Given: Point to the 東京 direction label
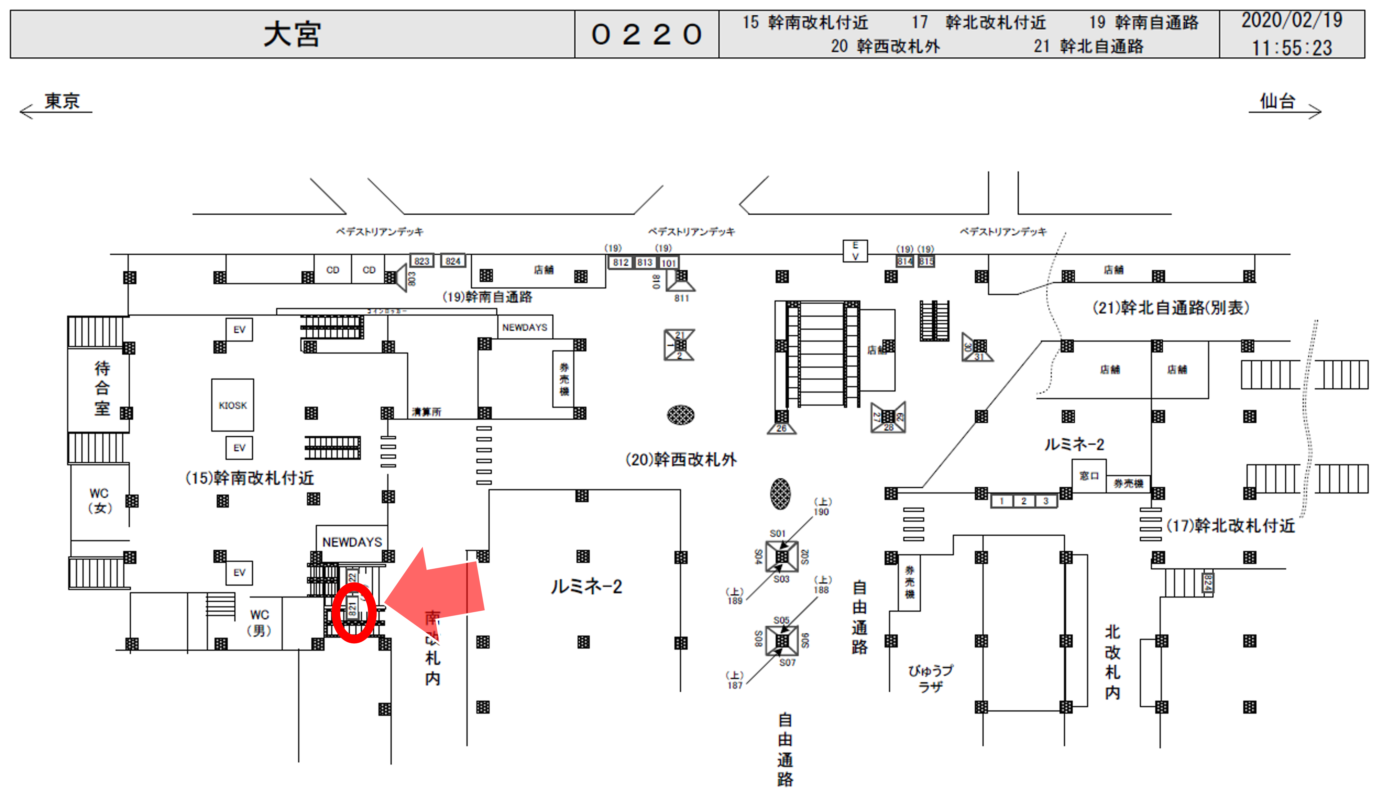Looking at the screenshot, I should point(61,102).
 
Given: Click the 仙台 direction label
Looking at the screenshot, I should point(1277,102).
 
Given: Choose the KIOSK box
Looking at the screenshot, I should point(233,405).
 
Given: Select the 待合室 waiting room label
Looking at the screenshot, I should point(102,388).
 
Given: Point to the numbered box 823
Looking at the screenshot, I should point(421,261).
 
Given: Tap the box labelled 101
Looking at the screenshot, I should point(668,263).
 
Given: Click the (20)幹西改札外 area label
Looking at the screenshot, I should point(680,459).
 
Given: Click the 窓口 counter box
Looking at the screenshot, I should point(1089,476).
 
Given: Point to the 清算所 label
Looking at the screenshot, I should point(427,412).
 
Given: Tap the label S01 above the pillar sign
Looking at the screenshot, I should point(777,533).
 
